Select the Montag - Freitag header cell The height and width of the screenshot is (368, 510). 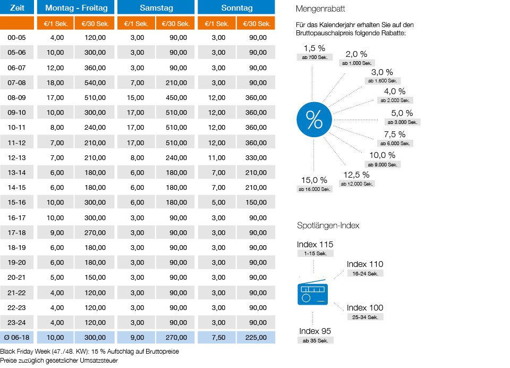(x=76, y=8)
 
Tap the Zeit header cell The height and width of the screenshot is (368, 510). (x=17, y=8)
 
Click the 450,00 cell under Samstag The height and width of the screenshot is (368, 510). (x=175, y=98)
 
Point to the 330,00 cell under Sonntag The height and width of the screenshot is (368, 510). (x=256, y=157)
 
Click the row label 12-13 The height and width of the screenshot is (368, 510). (x=17, y=157)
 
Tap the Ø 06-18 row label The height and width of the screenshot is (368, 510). (x=17, y=337)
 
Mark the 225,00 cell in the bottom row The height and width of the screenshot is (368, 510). (x=256, y=337)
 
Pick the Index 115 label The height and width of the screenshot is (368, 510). (x=316, y=245)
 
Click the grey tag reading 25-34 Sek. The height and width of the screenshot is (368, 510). (x=365, y=317)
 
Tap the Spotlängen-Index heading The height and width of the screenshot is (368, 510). (x=328, y=225)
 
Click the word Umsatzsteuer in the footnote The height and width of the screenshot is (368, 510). (x=98, y=361)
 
